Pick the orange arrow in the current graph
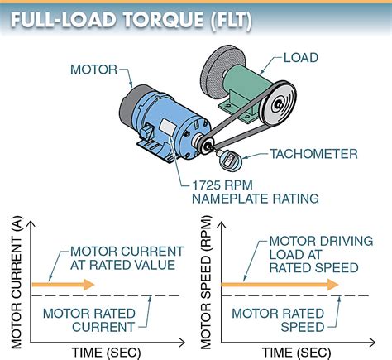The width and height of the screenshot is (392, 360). [x=63, y=285]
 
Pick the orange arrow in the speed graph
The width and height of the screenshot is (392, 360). [x=281, y=284]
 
